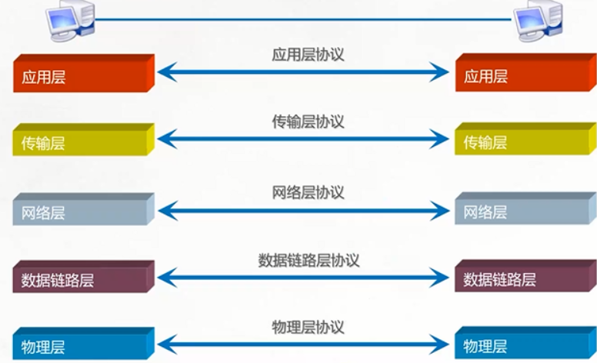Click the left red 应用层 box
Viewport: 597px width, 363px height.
point(81,76)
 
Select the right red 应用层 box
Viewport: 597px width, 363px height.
point(523,76)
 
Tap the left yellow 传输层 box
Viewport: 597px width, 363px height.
point(81,142)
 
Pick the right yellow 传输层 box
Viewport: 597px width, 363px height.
point(523,142)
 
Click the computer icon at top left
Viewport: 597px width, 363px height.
point(70,19)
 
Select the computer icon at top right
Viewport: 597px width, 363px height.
point(537,19)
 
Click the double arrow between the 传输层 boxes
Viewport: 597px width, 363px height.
point(303,139)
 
